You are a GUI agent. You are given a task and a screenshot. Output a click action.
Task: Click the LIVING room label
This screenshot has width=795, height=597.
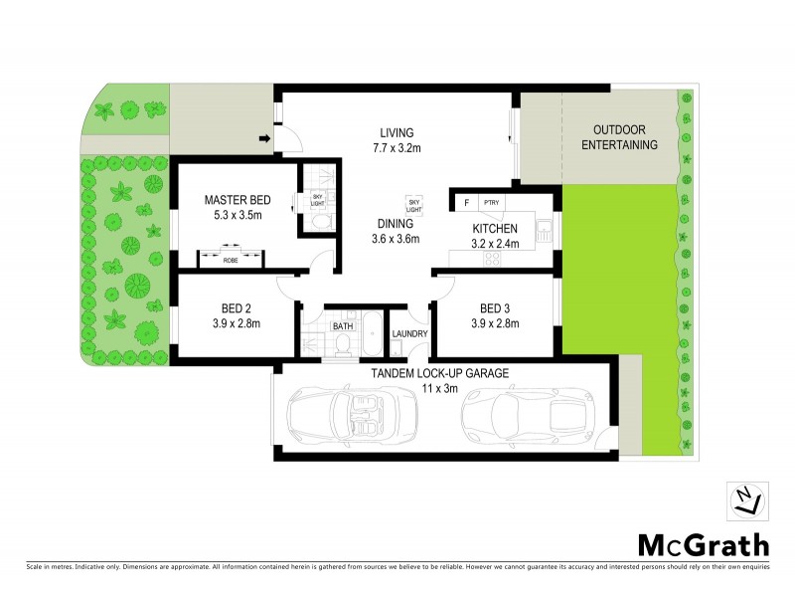[396, 132]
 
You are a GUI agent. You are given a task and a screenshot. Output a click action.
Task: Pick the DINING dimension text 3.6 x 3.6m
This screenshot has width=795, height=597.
[396, 239]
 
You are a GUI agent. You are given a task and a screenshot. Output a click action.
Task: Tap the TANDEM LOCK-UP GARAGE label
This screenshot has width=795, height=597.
[440, 373]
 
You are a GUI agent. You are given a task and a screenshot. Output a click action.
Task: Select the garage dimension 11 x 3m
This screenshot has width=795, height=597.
[440, 388]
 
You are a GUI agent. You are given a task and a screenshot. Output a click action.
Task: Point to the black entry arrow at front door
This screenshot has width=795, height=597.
[265, 137]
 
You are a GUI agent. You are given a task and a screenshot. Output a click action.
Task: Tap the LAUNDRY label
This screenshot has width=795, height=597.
[409, 334]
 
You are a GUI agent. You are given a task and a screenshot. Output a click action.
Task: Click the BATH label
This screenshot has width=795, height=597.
[343, 325]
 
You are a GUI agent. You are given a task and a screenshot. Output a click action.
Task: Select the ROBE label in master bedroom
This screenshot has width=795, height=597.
[230, 261]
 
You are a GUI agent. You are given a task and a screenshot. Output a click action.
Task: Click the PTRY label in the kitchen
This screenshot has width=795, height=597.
[490, 203]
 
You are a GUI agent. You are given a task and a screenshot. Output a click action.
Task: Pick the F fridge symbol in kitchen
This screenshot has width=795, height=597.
[464, 203]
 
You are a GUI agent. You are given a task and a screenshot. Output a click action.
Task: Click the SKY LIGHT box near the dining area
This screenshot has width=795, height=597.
[414, 202]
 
